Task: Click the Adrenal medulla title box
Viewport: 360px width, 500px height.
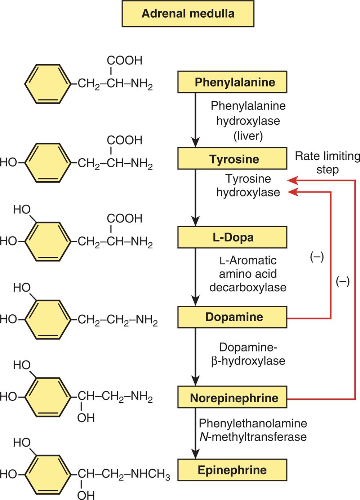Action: [188, 14]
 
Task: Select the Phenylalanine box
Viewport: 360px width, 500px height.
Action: [232, 82]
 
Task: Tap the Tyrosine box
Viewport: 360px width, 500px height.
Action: [232, 159]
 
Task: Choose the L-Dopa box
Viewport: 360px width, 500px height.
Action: [232, 237]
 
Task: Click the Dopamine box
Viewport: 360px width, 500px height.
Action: [232, 317]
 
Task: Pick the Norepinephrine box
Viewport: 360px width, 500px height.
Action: [232, 398]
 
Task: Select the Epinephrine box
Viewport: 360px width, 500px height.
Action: [232, 470]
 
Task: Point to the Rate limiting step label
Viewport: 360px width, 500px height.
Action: [327, 163]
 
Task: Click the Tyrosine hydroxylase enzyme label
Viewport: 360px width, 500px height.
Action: [248, 186]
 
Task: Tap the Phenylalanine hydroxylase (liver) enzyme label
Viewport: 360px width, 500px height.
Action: [248, 121]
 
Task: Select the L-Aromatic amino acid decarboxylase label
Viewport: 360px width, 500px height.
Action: [248, 274]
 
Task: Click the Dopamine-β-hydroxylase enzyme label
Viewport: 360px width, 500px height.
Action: [248, 354]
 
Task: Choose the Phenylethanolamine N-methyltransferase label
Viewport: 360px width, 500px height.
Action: [253, 430]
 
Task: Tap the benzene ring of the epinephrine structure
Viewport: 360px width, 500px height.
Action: [48, 474]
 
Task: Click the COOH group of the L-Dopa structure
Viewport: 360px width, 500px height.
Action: [124, 218]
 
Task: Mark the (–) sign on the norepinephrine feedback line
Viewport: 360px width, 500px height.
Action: [342, 281]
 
